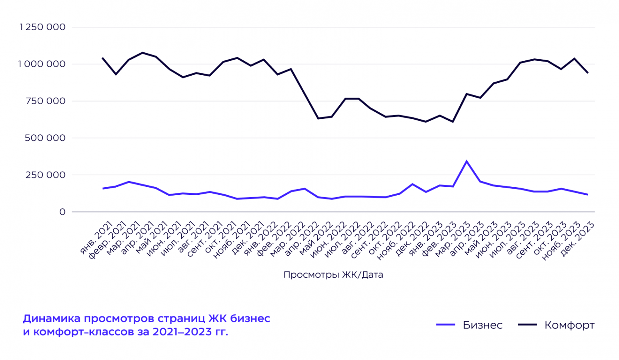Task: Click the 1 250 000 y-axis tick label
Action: tap(42, 27)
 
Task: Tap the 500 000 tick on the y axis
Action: tap(45, 138)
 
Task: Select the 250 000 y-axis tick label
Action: tap(45, 175)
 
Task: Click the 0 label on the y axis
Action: tap(62, 212)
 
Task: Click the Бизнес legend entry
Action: tap(482, 325)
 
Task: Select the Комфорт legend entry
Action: tap(569, 325)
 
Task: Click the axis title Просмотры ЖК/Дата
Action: tap(333, 275)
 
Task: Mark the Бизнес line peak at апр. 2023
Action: tap(467, 161)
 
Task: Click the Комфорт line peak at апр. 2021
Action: tap(142, 53)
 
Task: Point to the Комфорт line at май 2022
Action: tap(318, 118)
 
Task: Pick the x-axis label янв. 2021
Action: tap(96, 238)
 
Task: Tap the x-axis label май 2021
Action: tap(151, 238)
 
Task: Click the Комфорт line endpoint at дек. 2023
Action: tap(587, 72)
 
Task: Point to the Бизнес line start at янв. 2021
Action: tap(103, 188)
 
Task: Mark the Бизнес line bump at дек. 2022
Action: tap(413, 184)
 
